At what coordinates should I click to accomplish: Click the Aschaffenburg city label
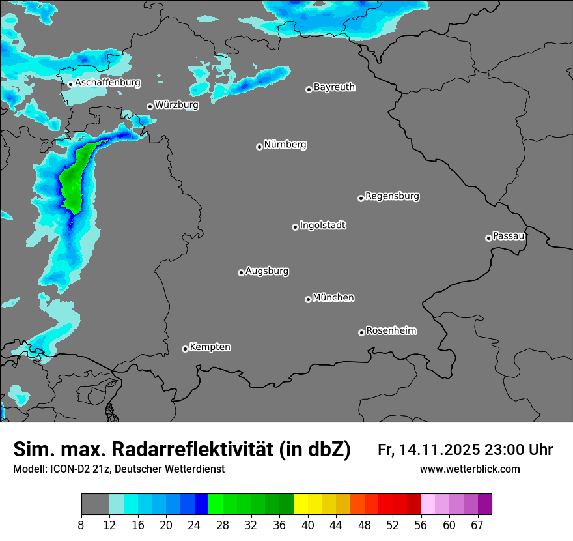pyautogui.click(x=107, y=83)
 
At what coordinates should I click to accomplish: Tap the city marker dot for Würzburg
pyautogui.click(x=150, y=106)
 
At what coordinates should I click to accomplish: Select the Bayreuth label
pyautogui.click(x=334, y=87)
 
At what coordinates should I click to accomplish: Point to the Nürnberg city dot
pyautogui.click(x=259, y=147)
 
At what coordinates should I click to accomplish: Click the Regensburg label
pyautogui.click(x=392, y=196)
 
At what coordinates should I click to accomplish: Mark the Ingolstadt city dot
pyautogui.click(x=295, y=227)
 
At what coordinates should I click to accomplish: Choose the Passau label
pyautogui.click(x=509, y=235)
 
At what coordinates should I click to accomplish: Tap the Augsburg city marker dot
pyautogui.click(x=241, y=272)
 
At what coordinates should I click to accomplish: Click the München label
pyautogui.click(x=333, y=297)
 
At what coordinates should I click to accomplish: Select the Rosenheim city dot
pyautogui.click(x=361, y=333)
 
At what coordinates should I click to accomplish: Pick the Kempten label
pyautogui.click(x=210, y=347)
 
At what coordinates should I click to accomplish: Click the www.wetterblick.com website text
pyautogui.click(x=469, y=469)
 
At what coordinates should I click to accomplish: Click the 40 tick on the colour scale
pyautogui.click(x=308, y=525)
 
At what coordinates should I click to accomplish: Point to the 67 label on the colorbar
pyautogui.click(x=477, y=525)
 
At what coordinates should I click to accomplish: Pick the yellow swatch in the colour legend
pyautogui.click(x=301, y=504)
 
